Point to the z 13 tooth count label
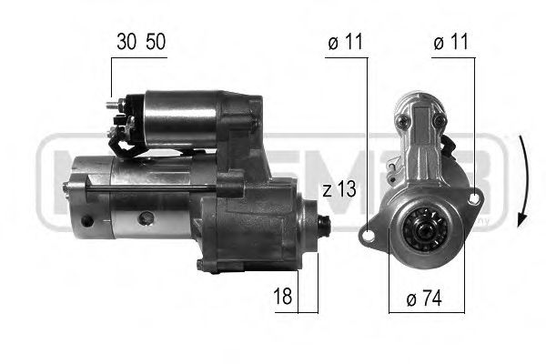(338, 190)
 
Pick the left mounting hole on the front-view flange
(368, 235)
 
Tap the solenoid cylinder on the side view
(178, 117)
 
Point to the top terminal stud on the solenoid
(116, 104)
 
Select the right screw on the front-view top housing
(440, 120)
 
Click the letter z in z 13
(328, 190)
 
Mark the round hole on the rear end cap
(87, 221)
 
